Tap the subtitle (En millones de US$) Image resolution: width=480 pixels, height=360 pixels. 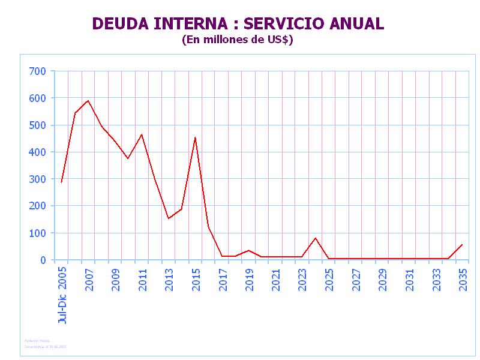237,40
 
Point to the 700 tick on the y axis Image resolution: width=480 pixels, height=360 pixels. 38,71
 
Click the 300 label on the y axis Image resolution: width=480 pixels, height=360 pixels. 38,179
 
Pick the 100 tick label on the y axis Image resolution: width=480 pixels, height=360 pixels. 38,233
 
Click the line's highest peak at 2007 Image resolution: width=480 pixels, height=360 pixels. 88,101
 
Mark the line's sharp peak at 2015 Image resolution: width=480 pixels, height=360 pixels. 195,138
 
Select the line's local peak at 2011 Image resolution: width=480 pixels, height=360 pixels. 142,134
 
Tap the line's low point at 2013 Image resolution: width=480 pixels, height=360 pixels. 169,218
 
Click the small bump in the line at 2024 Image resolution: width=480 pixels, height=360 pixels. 316,238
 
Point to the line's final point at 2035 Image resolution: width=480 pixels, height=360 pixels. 462,245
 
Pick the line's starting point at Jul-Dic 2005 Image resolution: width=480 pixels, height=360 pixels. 61,182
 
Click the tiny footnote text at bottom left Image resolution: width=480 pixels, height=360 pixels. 46,344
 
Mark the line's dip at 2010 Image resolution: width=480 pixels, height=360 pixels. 128,158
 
